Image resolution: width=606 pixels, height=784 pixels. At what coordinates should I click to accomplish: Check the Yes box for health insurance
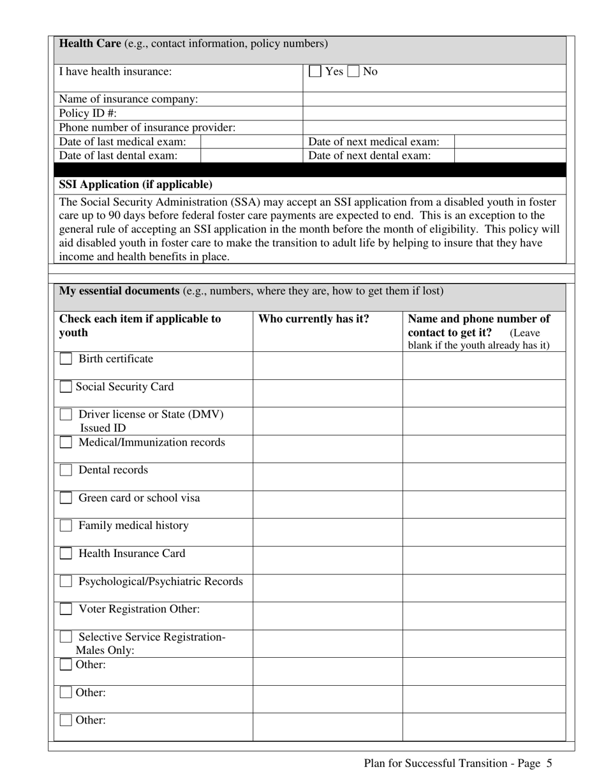click(315, 71)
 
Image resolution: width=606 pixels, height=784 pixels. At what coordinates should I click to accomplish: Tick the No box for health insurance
click(353, 71)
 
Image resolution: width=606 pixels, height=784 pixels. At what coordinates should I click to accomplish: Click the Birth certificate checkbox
click(66, 359)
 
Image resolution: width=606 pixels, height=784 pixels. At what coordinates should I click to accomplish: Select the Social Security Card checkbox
click(66, 387)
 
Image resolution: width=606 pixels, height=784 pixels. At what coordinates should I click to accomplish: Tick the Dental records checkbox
click(66, 470)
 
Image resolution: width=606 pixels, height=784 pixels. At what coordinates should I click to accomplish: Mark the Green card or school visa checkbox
click(66, 498)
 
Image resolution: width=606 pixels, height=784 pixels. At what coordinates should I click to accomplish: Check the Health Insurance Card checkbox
click(66, 553)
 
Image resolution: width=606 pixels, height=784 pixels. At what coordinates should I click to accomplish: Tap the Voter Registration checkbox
click(66, 609)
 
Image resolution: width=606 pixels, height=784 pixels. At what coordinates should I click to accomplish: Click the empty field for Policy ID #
click(434, 113)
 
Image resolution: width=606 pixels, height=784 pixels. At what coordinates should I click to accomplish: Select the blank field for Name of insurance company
click(434, 99)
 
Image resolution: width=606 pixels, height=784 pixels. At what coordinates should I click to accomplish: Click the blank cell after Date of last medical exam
click(251, 142)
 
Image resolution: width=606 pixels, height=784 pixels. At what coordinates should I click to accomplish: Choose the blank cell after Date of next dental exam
click(510, 156)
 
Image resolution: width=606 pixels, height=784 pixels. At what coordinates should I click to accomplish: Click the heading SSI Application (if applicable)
click(136, 185)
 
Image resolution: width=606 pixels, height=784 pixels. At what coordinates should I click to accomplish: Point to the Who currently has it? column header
click(313, 319)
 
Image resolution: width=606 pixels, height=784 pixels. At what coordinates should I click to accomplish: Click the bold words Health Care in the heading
click(90, 43)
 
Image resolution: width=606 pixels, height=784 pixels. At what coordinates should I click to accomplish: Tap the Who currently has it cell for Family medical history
click(327, 532)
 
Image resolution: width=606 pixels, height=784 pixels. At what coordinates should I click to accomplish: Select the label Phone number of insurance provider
click(147, 127)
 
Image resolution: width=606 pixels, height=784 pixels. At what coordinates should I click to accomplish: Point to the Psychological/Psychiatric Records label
click(160, 581)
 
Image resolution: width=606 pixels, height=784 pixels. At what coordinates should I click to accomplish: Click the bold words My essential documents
click(119, 291)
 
